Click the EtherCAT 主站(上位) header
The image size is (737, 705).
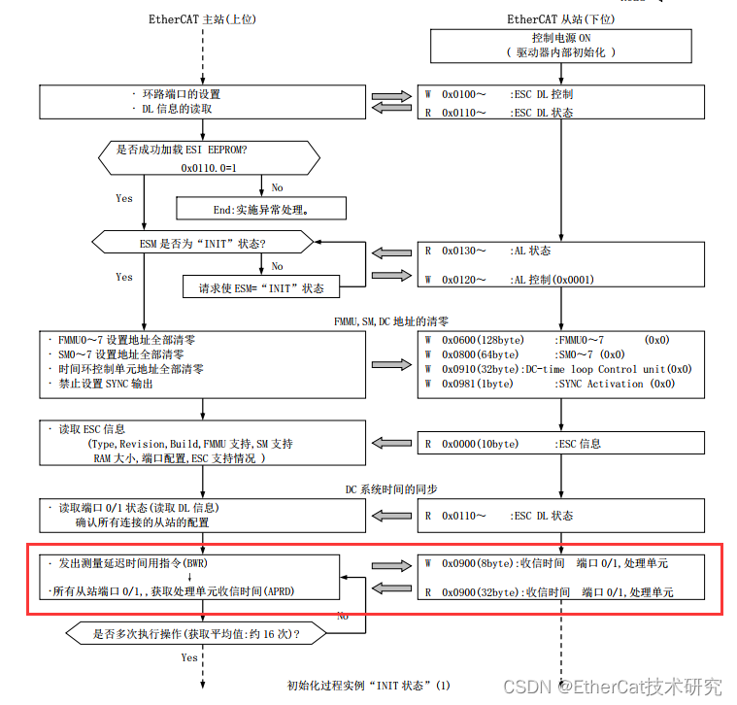202,19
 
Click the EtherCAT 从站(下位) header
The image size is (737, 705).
560,19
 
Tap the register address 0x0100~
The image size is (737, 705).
464,95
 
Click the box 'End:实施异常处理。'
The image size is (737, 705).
259,208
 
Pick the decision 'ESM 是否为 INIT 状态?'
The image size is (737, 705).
201,241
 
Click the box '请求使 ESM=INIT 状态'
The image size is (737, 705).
260,287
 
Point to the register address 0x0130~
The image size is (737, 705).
464,251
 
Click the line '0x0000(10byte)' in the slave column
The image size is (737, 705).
483,444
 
